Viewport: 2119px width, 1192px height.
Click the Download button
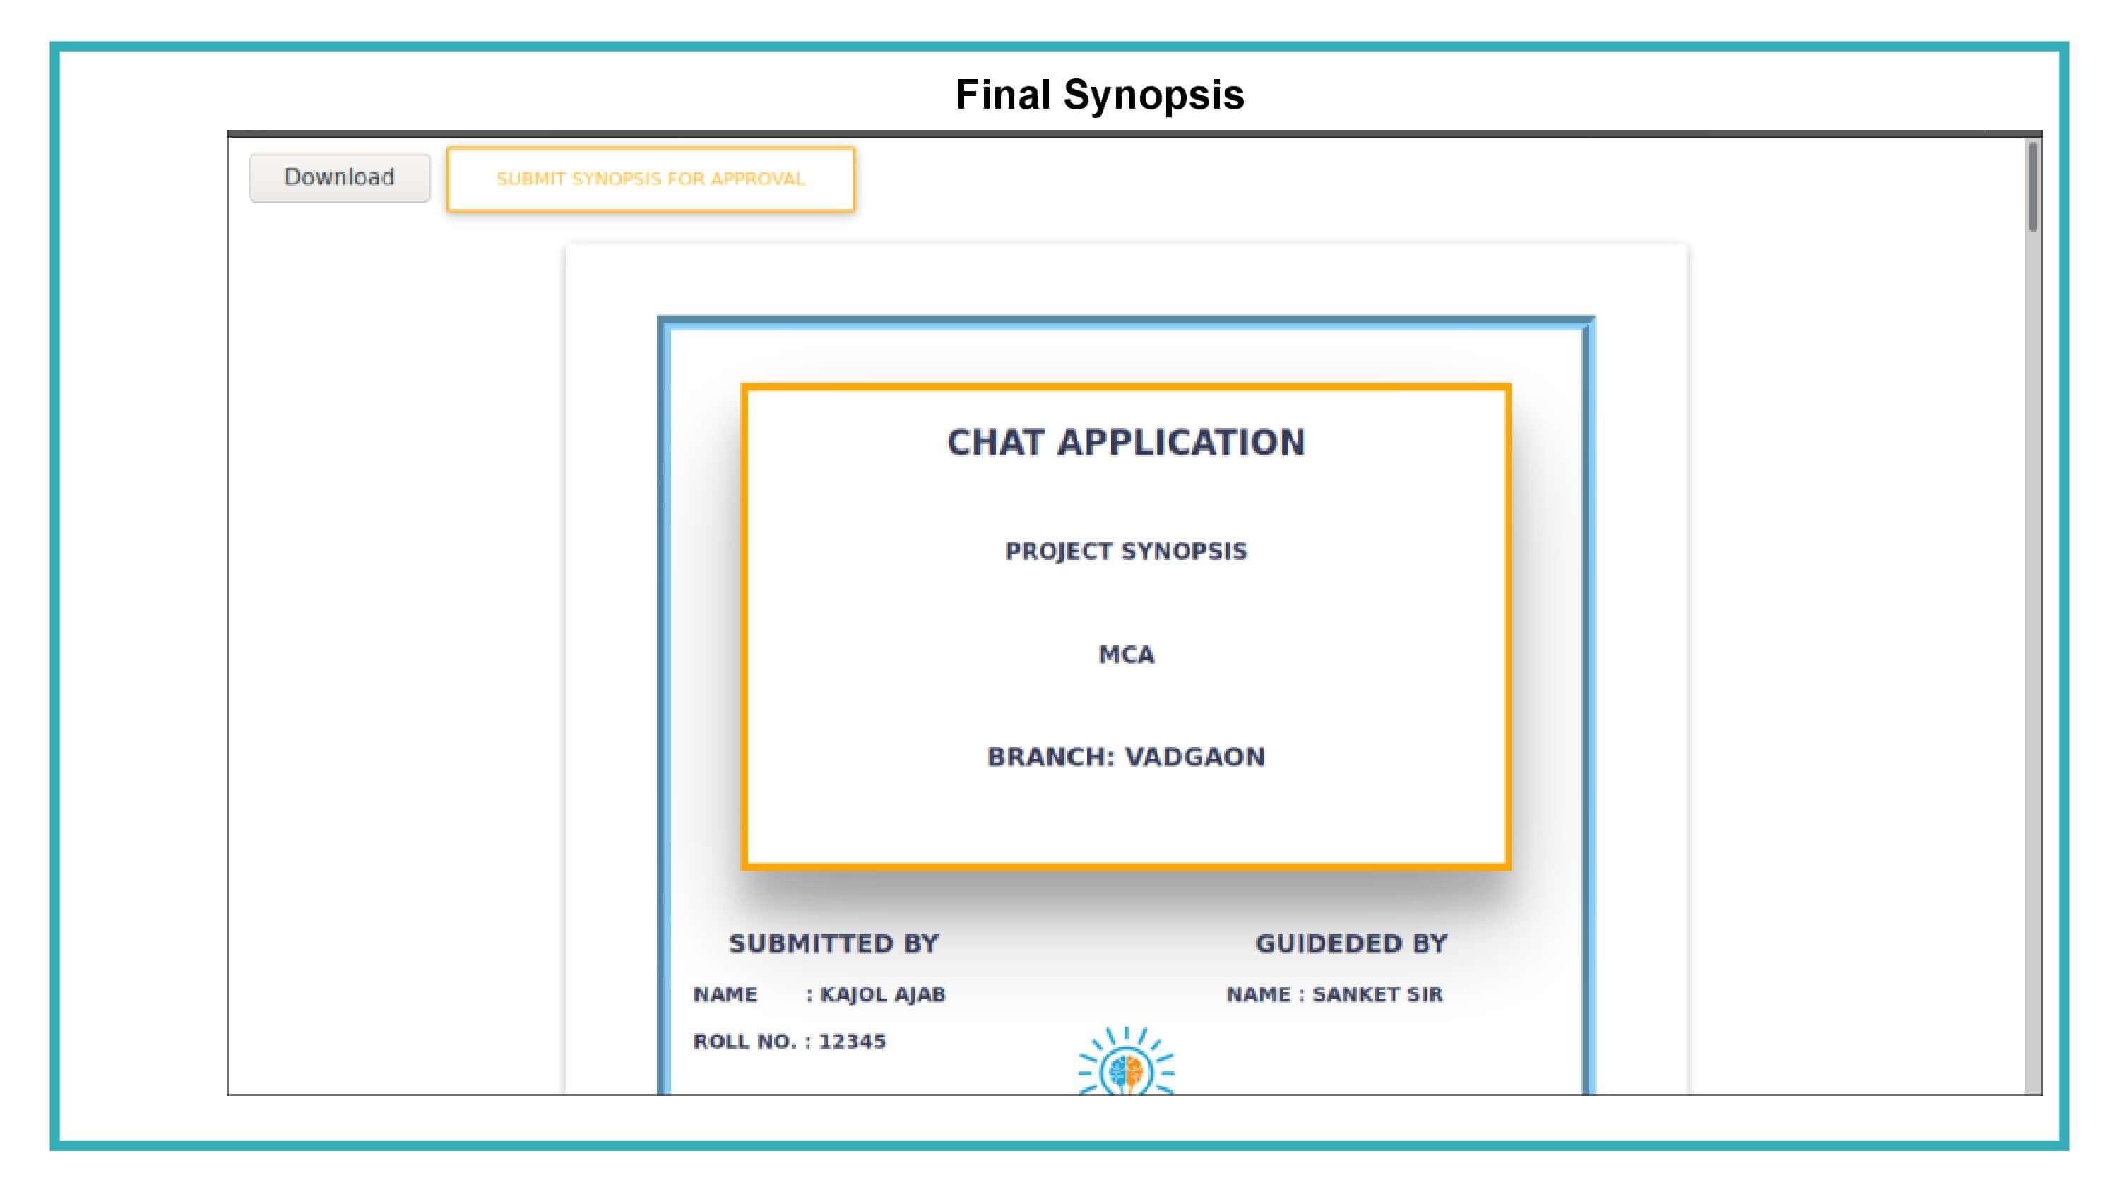click(339, 178)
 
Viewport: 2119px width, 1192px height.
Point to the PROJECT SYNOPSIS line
click(1125, 552)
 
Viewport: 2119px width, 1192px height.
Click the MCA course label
click(1126, 655)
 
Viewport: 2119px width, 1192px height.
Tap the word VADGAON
click(1194, 757)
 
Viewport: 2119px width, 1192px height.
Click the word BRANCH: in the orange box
click(1050, 757)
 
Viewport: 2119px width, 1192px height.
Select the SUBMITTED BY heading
click(833, 943)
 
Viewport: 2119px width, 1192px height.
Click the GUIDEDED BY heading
click(1351, 943)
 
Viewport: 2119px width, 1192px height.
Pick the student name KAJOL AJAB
click(883, 994)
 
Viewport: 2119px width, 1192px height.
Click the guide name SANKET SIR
click(1377, 994)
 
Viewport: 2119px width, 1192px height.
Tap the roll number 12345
click(853, 1042)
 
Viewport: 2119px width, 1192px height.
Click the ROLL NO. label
click(744, 1042)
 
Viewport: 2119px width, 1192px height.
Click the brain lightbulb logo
click(1126, 1061)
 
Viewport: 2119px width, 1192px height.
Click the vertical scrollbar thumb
click(2033, 186)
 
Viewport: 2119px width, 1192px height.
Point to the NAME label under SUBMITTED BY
click(725, 994)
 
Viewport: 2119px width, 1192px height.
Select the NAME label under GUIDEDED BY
click(1258, 994)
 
